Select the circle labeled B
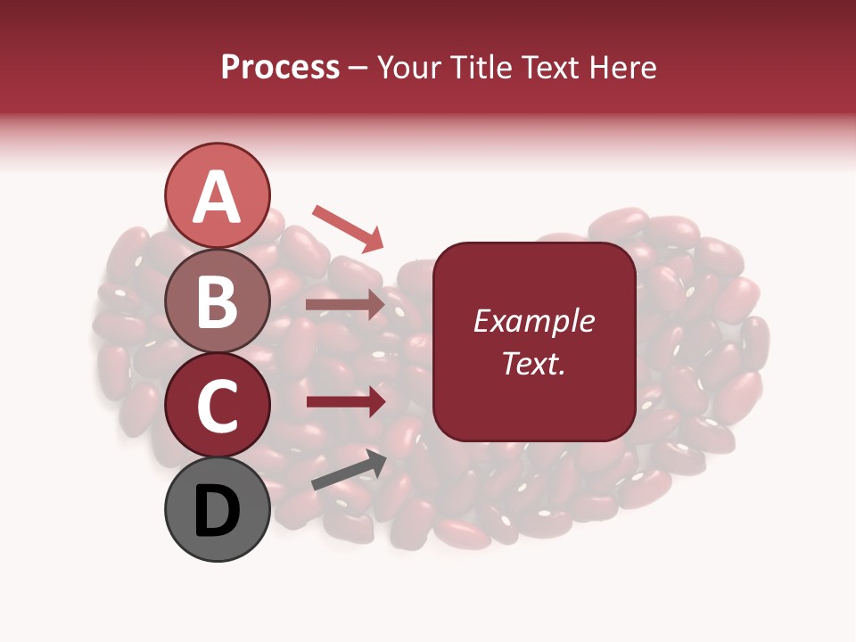218,301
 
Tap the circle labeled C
218,406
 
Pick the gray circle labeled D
218,510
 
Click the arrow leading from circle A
348,228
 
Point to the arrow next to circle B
346,304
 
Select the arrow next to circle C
346,401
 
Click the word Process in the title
280,67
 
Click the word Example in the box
533,321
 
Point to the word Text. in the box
533,363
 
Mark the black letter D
218,511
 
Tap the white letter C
218,407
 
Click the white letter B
218,301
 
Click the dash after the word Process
358,69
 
